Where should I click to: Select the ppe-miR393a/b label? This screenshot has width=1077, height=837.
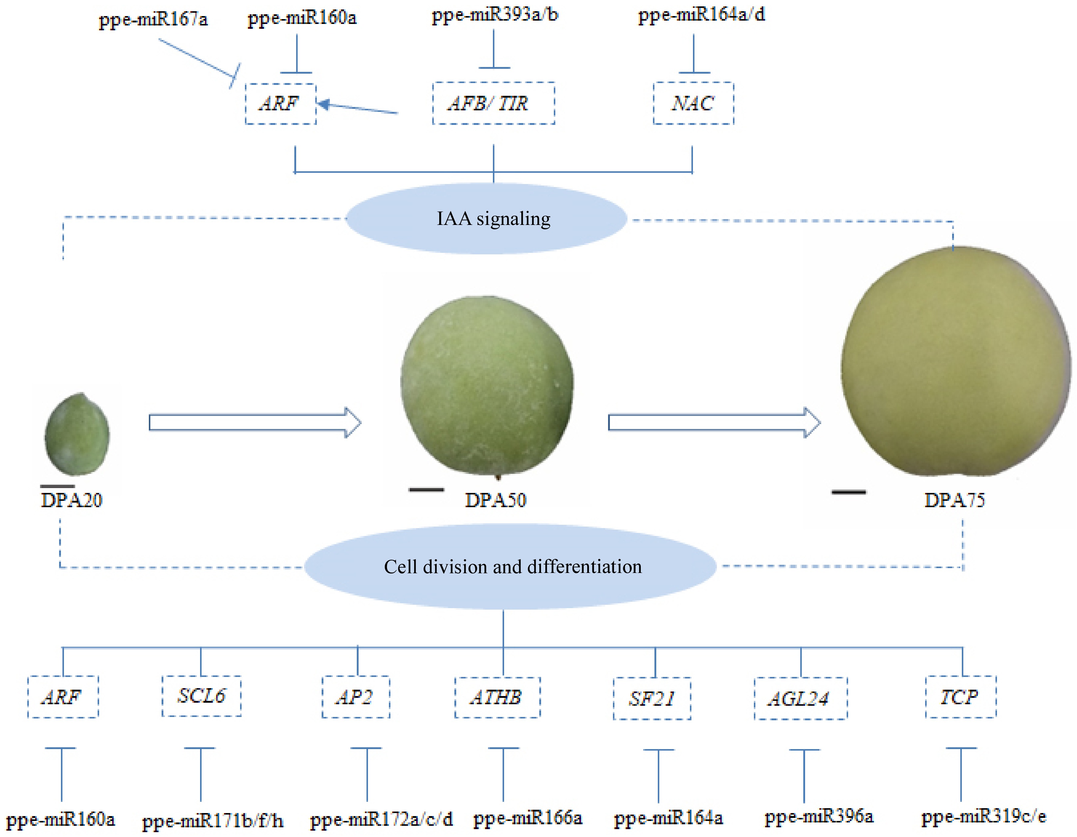(x=495, y=15)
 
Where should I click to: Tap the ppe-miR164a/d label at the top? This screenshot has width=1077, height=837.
(x=701, y=15)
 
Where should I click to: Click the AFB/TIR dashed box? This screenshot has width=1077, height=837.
(x=493, y=103)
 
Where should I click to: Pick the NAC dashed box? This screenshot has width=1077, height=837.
(x=693, y=103)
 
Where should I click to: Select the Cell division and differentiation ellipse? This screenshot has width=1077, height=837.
(x=510, y=567)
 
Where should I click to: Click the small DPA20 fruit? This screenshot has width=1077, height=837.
(x=77, y=434)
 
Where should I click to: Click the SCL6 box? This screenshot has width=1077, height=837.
(x=201, y=696)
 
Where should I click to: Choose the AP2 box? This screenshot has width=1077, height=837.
(x=356, y=697)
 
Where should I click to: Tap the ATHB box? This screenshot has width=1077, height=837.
(x=497, y=697)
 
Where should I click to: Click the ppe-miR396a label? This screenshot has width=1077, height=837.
(x=819, y=817)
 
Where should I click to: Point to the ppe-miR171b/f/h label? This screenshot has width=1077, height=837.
(x=212, y=821)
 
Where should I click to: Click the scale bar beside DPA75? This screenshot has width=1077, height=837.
(x=848, y=492)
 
